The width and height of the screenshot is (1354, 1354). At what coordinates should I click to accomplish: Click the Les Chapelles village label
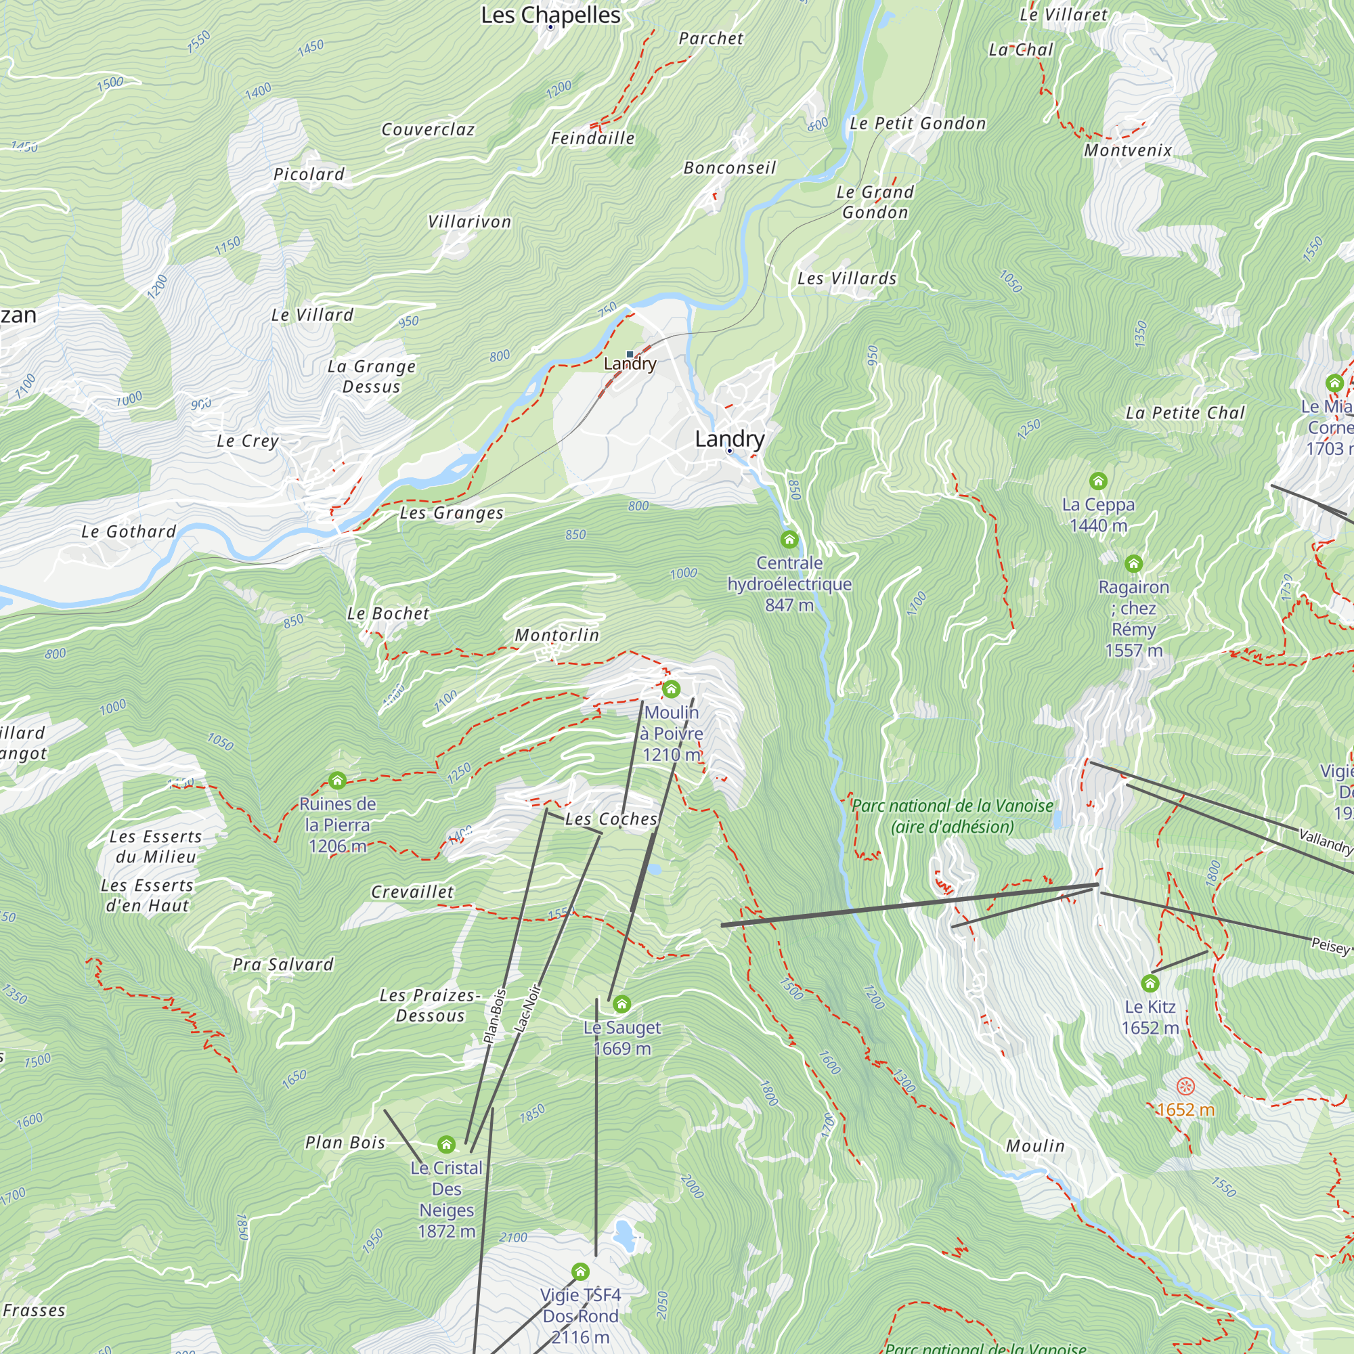(550, 15)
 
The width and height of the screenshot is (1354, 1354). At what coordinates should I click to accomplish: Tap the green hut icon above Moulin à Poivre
(671, 689)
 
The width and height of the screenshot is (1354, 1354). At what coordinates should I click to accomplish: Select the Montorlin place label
(557, 635)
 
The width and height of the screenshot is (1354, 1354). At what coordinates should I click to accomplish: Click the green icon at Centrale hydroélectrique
(789, 539)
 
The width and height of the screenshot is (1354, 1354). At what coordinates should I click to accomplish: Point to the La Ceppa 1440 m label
(1098, 515)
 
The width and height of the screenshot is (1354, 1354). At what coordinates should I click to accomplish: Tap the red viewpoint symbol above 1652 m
(1185, 1087)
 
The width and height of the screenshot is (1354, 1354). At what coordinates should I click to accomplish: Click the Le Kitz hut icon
(1150, 983)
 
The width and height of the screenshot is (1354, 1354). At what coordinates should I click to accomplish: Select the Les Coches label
(611, 818)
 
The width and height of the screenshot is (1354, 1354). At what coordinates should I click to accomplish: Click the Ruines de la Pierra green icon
(337, 780)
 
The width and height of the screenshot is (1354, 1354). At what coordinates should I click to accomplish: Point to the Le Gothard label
(128, 531)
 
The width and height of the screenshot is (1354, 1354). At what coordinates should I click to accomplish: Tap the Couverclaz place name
(427, 130)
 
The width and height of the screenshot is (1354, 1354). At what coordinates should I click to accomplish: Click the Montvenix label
(1128, 150)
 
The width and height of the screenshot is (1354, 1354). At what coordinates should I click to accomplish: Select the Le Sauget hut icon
(621, 1004)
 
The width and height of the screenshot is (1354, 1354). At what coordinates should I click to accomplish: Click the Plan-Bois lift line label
(495, 1016)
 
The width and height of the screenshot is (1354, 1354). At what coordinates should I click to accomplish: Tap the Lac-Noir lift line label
(529, 1009)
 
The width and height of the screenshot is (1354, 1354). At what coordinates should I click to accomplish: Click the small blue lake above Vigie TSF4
(623, 1231)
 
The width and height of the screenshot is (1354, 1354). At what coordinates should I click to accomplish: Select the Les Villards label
(847, 278)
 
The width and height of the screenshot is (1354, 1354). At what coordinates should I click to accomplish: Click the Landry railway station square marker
(630, 354)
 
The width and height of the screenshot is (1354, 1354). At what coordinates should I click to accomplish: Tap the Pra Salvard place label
(283, 964)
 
